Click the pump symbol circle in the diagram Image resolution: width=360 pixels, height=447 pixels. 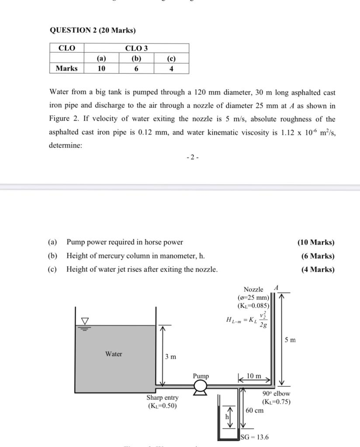[201, 386]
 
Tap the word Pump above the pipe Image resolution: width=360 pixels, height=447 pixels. [201, 376]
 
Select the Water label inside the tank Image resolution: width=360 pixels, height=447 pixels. [114, 354]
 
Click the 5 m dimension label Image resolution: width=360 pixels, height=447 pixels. [290, 340]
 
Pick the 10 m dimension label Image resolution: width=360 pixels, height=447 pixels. [254, 376]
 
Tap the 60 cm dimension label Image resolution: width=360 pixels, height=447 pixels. [254, 410]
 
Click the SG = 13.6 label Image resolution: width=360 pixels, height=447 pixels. [255, 437]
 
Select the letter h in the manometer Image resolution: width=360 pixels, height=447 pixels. [227, 417]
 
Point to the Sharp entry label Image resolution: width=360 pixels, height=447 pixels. [163, 398]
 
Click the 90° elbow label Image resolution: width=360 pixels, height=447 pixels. [277, 394]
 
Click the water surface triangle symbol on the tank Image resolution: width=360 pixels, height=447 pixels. [84, 321]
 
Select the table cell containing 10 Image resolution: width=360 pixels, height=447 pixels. [101, 69]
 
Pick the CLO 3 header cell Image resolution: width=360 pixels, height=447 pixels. [136, 48]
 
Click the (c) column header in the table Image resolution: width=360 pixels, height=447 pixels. [171, 58]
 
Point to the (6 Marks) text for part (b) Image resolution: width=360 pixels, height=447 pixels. [318, 256]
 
